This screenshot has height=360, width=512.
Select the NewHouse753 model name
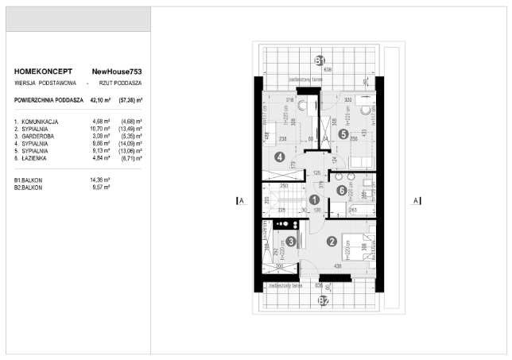[117, 72]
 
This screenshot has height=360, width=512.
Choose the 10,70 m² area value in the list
[103, 128]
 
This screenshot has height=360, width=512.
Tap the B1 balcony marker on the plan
[319, 60]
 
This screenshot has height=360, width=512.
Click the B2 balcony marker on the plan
[323, 300]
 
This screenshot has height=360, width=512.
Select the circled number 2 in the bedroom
[332, 242]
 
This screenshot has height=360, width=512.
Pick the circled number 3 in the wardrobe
[292, 242]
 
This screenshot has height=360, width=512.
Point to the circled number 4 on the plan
[279, 157]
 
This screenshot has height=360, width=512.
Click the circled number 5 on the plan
[343, 134]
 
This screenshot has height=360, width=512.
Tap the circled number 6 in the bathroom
[341, 190]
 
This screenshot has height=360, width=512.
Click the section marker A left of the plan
[239, 201]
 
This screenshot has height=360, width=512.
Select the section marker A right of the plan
[415, 201]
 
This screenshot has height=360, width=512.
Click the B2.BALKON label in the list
[29, 188]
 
